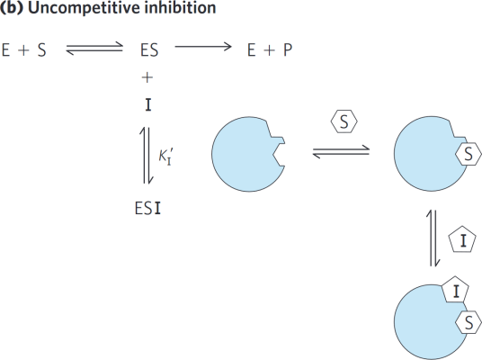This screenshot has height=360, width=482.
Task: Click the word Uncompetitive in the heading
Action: click(x=85, y=7)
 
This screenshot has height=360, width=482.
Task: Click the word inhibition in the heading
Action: click(x=180, y=7)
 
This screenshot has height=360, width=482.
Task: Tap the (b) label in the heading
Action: click(x=12, y=7)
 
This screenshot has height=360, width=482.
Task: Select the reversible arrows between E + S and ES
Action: click(x=94, y=49)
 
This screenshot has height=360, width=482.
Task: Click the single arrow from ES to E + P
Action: click(x=203, y=47)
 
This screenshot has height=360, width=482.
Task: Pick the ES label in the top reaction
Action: click(x=149, y=50)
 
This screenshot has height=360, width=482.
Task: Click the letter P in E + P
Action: click(x=288, y=50)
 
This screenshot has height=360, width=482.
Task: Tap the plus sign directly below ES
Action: click(x=147, y=77)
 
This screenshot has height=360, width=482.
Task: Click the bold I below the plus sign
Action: click(x=148, y=105)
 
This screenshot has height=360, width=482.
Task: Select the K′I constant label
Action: click(x=166, y=157)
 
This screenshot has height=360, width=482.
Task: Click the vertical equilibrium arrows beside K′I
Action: click(x=147, y=155)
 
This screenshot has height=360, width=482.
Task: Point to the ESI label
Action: click(x=147, y=208)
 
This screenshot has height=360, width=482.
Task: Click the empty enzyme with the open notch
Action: click(x=247, y=154)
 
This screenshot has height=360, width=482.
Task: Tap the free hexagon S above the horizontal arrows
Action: click(x=344, y=121)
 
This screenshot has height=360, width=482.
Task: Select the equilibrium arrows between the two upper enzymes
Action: click(x=341, y=152)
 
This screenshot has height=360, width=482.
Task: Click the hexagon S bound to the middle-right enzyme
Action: click(x=469, y=154)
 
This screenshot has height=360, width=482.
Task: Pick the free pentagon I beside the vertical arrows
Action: click(x=462, y=240)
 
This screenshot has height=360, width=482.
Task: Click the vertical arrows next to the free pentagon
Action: click(x=433, y=238)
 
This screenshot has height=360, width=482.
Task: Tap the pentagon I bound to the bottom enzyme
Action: click(x=455, y=290)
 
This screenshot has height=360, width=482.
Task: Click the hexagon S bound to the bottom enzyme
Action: click(x=469, y=322)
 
